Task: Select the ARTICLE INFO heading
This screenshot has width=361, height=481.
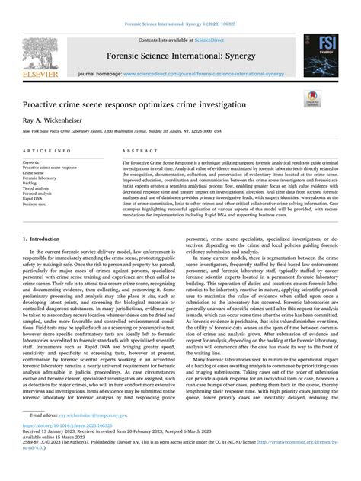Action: pyautogui.click(x=49, y=152)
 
